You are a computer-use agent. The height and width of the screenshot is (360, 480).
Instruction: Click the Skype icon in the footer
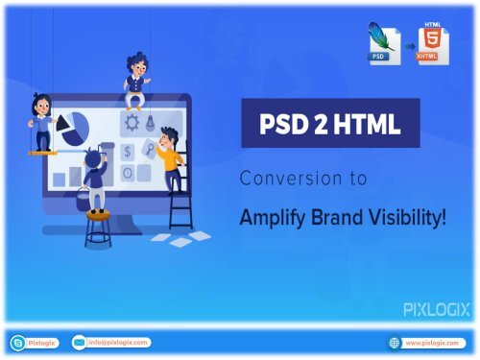pyautogui.click(x=17, y=343)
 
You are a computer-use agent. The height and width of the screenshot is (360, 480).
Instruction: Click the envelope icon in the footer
pyautogui.click(x=80, y=343)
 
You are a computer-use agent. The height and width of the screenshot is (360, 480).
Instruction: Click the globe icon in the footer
pyautogui.click(x=394, y=343)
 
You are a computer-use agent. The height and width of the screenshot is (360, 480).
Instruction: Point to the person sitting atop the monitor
pyautogui.click(x=135, y=77)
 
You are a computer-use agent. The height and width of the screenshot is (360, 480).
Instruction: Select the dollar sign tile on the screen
pyautogui.click(x=129, y=153)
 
